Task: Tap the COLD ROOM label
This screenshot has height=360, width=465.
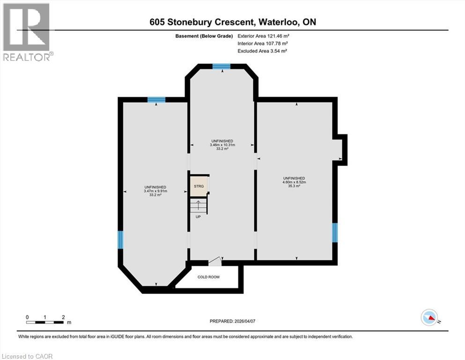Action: coord(208,277)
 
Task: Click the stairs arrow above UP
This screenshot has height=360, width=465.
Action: coord(198,205)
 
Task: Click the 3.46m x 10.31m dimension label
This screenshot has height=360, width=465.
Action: coord(222,145)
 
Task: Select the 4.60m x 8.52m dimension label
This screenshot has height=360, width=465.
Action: coord(294,182)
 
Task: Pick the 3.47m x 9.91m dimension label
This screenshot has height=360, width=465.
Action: coord(156,191)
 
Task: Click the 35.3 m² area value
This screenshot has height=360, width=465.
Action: coord(294,187)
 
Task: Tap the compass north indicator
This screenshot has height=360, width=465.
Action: coord(429,318)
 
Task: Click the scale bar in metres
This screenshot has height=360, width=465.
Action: coord(45,322)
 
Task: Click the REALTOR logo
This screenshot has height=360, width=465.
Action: coord(27,32)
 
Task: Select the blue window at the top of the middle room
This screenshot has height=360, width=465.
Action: coord(221,67)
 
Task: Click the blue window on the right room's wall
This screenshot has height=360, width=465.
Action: coord(335,232)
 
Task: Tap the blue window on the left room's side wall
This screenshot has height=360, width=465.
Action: coord(120,240)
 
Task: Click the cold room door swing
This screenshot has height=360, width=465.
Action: coord(214,262)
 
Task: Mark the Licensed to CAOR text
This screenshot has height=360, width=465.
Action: coord(27,356)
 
